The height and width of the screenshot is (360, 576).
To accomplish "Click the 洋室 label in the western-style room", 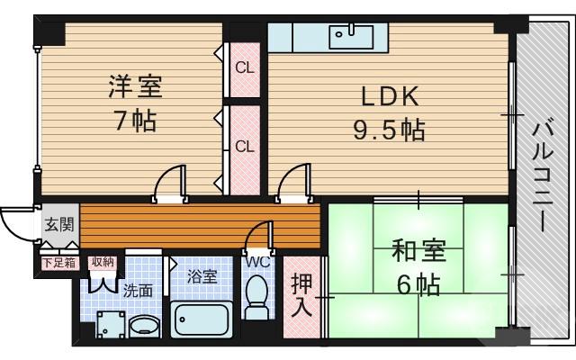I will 135,88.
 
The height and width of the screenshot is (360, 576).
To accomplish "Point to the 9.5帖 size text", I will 388,130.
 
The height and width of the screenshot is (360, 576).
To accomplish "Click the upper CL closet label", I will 244,68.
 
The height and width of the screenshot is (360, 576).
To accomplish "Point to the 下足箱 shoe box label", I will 58,262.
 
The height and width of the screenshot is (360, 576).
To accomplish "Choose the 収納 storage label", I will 101,262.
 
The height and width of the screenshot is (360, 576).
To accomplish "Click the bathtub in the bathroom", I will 202,319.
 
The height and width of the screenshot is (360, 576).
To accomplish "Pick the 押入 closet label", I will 301,294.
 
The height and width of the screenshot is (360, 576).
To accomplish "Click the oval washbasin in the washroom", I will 142,324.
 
